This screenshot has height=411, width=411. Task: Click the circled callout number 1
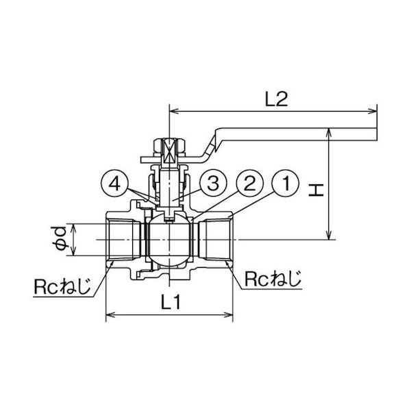(x=286, y=184)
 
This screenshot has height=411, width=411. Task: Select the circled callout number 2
(x=249, y=184)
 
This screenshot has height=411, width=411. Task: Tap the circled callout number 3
(x=213, y=184)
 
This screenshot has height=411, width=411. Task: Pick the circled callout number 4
(x=114, y=184)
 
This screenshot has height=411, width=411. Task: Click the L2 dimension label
(x=276, y=99)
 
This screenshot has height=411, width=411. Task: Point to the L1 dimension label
(x=171, y=301)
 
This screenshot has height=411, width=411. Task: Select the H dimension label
(x=316, y=190)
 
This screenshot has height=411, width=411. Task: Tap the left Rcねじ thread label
(x=62, y=287)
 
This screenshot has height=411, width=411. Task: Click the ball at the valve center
(x=170, y=240)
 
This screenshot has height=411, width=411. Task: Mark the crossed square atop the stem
(x=170, y=150)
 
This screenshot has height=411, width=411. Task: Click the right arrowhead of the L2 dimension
(x=373, y=111)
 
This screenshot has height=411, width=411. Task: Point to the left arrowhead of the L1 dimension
(x=110, y=314)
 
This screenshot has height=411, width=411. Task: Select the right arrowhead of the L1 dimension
(x=228, y=314)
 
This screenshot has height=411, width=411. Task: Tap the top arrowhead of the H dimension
(x=329, y=132)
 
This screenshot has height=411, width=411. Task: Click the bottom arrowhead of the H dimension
(x=329, y=235)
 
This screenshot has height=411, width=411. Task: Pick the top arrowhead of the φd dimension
(x=74, y=228)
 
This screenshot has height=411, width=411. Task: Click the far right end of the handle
(x=377, y=134)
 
